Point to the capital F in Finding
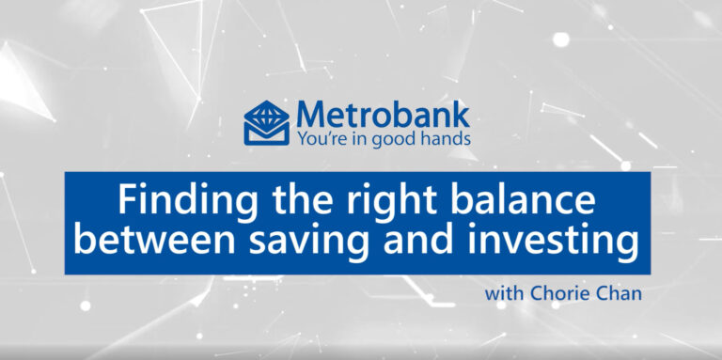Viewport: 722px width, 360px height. (125, 201)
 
